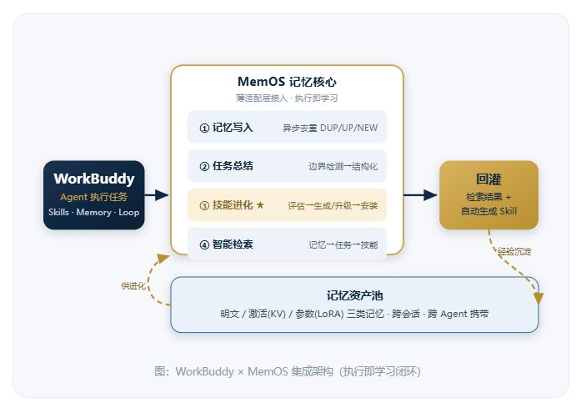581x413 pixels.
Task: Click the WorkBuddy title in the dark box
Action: coord(94,179)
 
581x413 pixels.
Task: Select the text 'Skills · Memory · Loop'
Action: coord(93,213)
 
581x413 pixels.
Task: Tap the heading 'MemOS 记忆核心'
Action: coord(287,82)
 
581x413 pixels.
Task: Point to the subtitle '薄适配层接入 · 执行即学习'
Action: coord(287,98)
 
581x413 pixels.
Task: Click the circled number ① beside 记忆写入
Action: coord(204,128)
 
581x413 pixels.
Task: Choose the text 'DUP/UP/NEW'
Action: coord(348,128)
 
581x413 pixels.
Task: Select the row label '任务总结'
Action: coord(233,166)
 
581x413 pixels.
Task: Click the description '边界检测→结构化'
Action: coord(343,167)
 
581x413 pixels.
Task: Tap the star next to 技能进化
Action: coord(260,205)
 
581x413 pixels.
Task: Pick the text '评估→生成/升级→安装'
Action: coord(333,206)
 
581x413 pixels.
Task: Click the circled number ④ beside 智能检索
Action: coord(204,244)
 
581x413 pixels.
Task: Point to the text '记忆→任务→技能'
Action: coord(343,244)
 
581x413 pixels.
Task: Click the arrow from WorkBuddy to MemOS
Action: coord(157,195)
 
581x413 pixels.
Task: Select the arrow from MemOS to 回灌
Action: coord(421,195)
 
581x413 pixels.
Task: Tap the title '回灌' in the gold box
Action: coord(488,179)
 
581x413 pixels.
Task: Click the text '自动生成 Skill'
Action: coord(488,211)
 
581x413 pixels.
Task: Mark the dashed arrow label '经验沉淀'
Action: coord(514,252)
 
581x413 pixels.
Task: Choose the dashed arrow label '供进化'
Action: coord(133,286)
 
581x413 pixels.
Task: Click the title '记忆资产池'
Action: coord(354,296)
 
